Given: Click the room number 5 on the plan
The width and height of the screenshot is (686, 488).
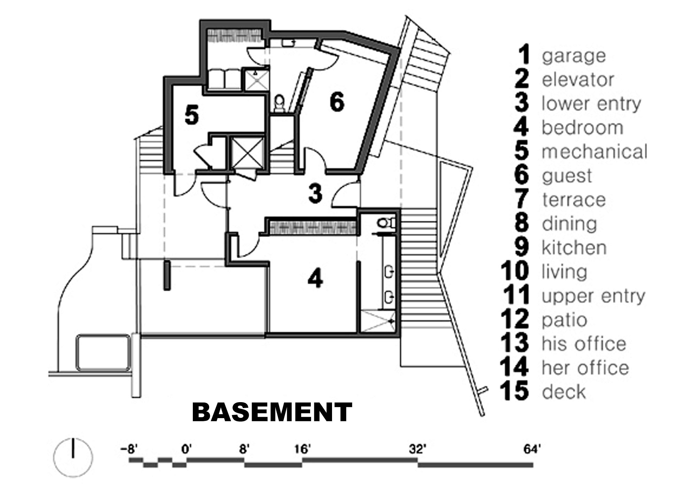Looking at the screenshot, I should click(192, 115).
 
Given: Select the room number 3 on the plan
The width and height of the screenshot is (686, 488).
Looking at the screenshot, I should click(315, 194).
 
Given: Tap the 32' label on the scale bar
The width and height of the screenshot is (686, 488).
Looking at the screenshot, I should click(417, 449).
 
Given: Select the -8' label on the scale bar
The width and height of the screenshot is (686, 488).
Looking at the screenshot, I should click(129, 449).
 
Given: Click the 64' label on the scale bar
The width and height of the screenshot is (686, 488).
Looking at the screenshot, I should click(532, 449).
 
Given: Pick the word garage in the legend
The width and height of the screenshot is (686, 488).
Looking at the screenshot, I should click(574, 56).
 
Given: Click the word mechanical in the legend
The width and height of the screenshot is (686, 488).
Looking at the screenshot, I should click(594, 152).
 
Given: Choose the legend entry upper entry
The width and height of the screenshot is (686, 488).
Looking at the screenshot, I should click(593, 296).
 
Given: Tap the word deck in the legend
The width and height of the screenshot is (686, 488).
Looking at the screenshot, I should click(564, 392).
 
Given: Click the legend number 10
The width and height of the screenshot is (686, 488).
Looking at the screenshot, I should click(515, 272).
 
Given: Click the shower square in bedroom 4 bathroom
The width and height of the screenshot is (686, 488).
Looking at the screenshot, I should click(377, 322).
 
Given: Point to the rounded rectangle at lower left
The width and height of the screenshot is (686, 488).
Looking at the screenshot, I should click(103, 352).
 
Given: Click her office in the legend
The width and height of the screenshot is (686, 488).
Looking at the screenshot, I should click(585, 368).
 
